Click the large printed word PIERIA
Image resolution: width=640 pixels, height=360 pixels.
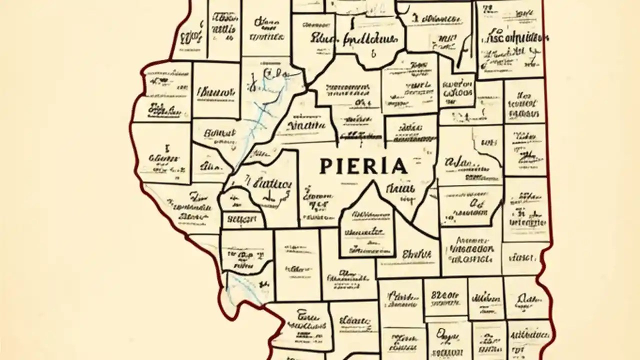tap(363, 166)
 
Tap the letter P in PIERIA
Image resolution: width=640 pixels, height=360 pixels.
tap(324, 166)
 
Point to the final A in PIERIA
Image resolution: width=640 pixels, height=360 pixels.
tap(400, 166)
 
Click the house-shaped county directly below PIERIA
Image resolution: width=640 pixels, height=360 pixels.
tap(367, 230)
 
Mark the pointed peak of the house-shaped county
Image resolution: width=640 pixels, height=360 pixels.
tap(372, 182)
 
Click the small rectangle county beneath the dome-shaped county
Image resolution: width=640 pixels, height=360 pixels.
tap(242, 219)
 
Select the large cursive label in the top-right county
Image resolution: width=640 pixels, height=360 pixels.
tap(515, 39)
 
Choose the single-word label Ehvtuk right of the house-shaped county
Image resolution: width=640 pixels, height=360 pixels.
tap(416, 254)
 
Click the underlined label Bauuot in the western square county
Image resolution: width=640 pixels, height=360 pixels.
tap(216, 92)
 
